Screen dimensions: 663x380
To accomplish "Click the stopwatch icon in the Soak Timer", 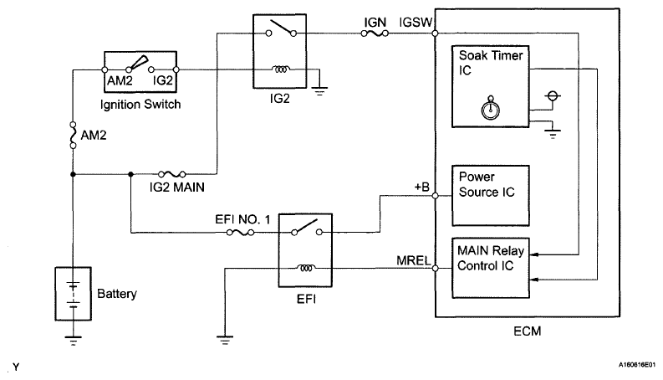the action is pos(491,107).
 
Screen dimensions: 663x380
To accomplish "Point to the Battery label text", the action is pos(117,294).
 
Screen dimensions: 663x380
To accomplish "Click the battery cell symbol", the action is pos(73,294).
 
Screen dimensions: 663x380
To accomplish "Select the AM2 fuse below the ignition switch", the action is pos(73,135).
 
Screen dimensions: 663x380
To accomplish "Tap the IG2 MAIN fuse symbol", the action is pos(172,174).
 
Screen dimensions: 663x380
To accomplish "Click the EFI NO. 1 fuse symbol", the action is pos(240,233).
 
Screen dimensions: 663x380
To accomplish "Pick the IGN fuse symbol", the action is pos(375,33).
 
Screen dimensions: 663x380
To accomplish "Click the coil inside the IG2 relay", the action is pos(280,69).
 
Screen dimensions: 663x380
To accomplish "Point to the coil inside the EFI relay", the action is pos(305,268).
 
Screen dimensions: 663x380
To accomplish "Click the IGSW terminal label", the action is pos(416,23).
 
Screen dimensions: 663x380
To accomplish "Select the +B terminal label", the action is pos(422,187).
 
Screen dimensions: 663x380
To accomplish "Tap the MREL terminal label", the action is pos(414,260).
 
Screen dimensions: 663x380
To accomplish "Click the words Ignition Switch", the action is pos(140,105).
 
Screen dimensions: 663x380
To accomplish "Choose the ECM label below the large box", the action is pos(528,331).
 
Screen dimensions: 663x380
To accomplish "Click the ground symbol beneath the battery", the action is pos(73,341).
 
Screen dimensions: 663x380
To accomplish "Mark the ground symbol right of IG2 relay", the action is pos(319,91).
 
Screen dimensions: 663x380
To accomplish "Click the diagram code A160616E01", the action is pos(637,364).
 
